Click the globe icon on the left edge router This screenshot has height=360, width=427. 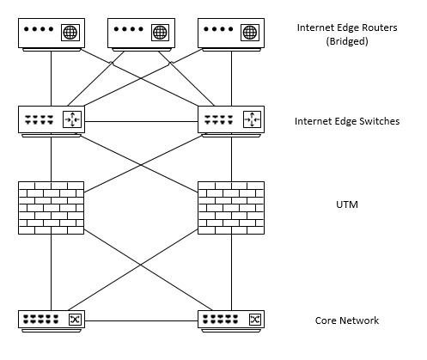pos(70,33)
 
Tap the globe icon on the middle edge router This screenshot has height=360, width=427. pos(160,33)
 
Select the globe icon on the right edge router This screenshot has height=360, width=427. pos(250,33)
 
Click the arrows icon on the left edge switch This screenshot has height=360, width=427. pos(72,119)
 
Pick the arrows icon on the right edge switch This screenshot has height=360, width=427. pos(252,119)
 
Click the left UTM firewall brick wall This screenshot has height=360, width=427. pos(52,208)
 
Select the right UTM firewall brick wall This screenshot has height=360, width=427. pos(231,208)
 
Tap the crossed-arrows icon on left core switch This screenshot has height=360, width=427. pos(75,320)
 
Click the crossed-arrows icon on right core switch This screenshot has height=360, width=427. pos(255,320)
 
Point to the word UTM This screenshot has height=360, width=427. pos(347,204)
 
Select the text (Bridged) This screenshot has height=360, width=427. pos(347,41)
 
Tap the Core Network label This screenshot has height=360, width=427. pos(347,320)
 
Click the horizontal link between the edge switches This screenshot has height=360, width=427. pos(141,122)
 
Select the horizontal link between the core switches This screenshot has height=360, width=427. pos(141,320)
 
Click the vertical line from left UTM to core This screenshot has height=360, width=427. pos(52,272)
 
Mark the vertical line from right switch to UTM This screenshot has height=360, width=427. pos(231,159)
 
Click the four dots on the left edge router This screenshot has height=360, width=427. pos(39,29)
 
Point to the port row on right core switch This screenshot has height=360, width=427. pos(220,319)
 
